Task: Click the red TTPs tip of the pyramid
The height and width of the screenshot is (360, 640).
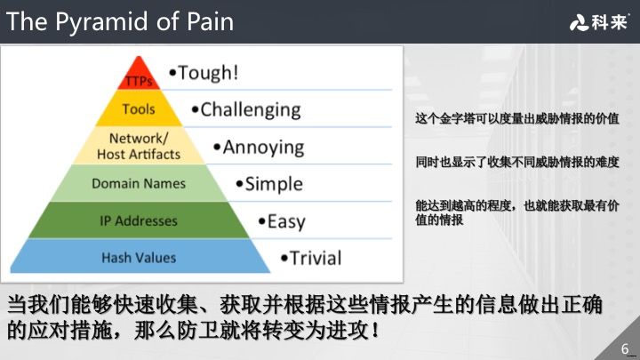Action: point(138,77)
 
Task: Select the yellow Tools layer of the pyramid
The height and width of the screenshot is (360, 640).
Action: point(139,109)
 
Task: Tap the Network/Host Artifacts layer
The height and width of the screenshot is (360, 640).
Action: point(138,147)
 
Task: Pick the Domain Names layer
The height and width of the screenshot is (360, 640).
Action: point(139,183)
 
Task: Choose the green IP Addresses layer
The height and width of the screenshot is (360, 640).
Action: point(139,220)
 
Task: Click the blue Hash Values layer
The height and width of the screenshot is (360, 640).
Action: point(139,258)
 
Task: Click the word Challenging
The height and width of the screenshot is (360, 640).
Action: point(251,110)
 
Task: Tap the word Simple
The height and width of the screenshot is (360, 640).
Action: point(274,185)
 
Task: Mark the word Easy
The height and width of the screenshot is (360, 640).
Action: point(286,221)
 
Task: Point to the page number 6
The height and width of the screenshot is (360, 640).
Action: point(625,347)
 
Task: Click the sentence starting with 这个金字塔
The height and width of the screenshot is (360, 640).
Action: point(517,118)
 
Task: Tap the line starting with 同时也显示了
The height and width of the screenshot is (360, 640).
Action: point(517,163)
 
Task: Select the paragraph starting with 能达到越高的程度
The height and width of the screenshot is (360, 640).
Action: point(517,212)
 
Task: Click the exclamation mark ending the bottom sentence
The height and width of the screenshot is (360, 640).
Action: point(377,331)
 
